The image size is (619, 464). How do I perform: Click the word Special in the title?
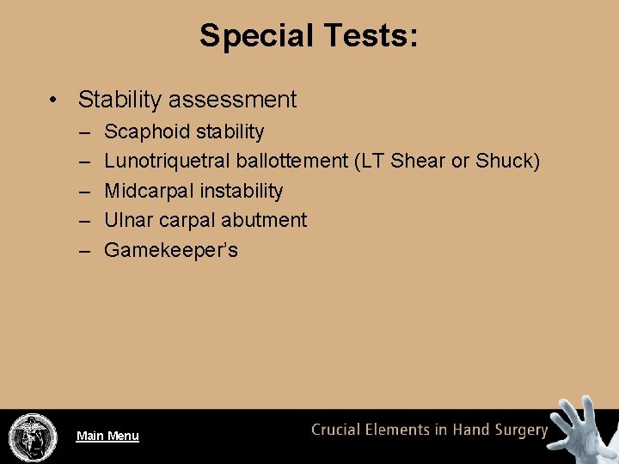pyautogui.click(x=256, y=36)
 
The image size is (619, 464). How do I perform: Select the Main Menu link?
pyautogui.click(x=107, y=436)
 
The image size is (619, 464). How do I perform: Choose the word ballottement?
pyautogui.click(x=291, y=162)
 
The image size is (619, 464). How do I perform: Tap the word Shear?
pyautogui.click(x=418, y=162)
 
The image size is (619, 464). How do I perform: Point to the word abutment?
pyautogui.click(x=264, y=220)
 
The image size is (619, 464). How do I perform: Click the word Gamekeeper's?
pyautogui.click(x=171, y=250)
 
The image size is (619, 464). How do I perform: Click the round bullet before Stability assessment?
pyautogui.click(x=54, y=100)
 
